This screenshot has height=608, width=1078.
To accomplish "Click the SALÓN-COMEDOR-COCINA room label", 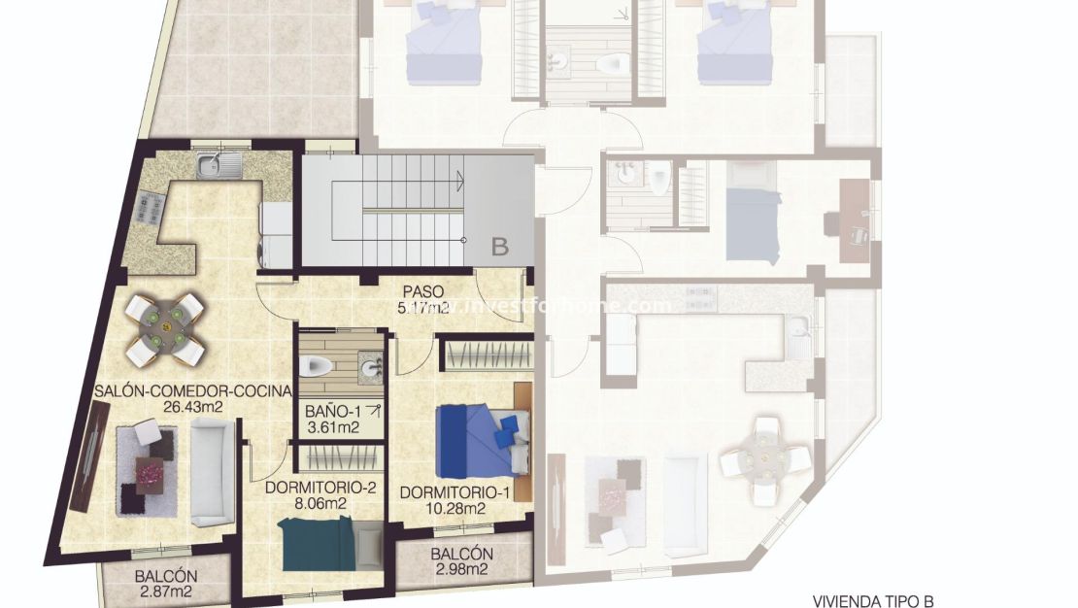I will click(x=193, y=391).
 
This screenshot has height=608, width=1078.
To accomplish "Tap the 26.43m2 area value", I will click(x=193, y=407).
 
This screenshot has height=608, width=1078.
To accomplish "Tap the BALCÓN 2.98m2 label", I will click(x=461, y=561).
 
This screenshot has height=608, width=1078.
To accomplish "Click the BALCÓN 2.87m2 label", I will click(x=166, y=583).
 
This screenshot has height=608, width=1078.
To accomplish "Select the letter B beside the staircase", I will click(x=499, y=247).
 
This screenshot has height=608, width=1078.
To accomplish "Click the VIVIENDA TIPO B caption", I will click(x=873, y=601).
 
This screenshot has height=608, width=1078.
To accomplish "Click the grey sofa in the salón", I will click(x=212, y=473).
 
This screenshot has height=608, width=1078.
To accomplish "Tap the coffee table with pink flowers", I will click(x=151, y=473).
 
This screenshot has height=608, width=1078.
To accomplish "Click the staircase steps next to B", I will click(x=398, y=209).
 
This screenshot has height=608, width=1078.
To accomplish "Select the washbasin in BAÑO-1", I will click(x=370, y=367).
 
